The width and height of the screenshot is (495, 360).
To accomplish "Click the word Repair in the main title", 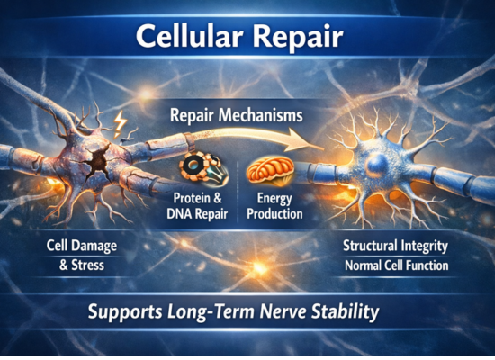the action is click(x=298, y=37).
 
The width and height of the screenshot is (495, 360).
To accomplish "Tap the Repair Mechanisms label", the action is click(x=237, y=115).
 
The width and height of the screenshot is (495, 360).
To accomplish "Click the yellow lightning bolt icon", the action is click(x=120, y=124).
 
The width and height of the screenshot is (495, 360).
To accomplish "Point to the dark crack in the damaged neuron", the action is click(x=97, y=161).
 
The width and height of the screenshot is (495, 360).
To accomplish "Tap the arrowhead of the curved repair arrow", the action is click(x=304, y=144).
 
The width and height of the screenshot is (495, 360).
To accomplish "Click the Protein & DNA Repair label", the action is click(x=197, y=206).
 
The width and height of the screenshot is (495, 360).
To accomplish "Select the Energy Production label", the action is click(x=274, y=206).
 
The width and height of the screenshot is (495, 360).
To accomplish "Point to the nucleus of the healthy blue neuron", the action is click(x=379, y=164).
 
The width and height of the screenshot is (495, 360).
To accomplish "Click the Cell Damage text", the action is click(x=82, y=246).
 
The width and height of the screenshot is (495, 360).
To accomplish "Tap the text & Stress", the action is click(x=82, y=265).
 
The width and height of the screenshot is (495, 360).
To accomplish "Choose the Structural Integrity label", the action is click(x=396, y=246).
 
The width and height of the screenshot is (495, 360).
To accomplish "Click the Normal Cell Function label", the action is click(x=397, y=265).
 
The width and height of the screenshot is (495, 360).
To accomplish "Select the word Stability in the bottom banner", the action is click(x=345, y=312).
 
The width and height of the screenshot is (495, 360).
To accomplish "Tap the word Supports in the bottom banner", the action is click(x=125, y=312).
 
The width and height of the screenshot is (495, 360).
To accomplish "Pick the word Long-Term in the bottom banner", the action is click(x=211, y=311).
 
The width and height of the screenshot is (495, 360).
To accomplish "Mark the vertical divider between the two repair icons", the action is click(x=238, y=192).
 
